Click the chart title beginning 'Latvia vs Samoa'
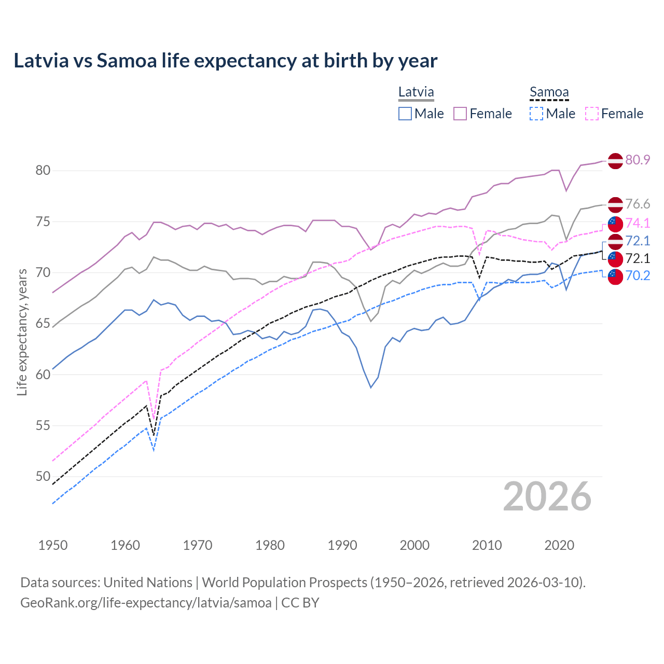[225, 61]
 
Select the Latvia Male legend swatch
[405, 114]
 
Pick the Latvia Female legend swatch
[460, 114]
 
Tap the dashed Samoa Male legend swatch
[536, 114]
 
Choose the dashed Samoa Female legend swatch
[592, 114]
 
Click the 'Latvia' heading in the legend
[416, 92]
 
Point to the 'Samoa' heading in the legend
[549, 92]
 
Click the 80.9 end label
[638, 160]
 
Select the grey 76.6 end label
[638, 204]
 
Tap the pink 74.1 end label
[638, 223]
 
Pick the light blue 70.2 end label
[638, 275]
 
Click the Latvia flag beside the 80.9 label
[615, 161]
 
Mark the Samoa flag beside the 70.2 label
[615, 276]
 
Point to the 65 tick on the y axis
[43, 324]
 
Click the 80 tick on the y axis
[43, 171]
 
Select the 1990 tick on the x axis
[342, 545]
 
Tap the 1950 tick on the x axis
[53, 545]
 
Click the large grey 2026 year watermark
[547, 496]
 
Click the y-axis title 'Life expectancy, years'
[22, 332]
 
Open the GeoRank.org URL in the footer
[146, 603]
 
